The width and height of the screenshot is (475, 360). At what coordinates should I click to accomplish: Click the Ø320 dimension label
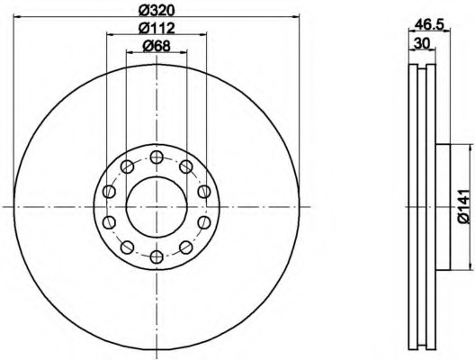click(157, 10)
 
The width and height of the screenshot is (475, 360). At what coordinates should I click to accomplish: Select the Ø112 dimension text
click(157, 28)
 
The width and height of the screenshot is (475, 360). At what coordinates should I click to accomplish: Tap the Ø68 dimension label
click(157, 46)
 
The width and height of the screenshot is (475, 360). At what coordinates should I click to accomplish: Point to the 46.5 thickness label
click(429, 24)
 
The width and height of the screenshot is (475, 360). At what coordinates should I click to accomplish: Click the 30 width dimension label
click(422, 43)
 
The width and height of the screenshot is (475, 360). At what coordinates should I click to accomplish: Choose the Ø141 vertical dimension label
click(463, 206)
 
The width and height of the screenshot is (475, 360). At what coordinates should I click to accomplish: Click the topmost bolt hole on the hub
click(157, 157)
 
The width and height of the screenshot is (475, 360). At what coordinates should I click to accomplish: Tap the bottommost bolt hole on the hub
click(157, 257)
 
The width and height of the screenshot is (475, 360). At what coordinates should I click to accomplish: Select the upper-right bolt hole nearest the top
click(186, 166)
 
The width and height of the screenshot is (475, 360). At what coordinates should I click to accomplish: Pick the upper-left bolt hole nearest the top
click(127, 166)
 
